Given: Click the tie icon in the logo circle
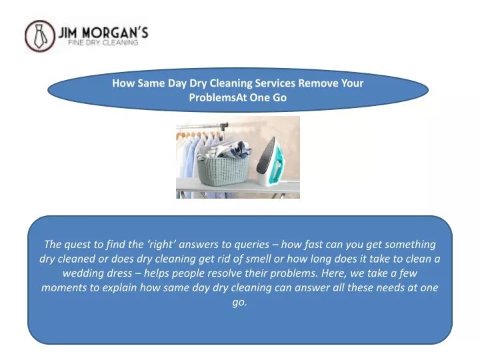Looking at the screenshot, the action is click(x=40, y=36).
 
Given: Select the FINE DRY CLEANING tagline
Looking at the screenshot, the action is click(x=103, y=43).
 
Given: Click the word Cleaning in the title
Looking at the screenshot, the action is click(x=231, y=83).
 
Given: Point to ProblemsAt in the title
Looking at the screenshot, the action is click(x=217, y=97).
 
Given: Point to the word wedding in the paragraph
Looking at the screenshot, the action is click(x=82, y=273).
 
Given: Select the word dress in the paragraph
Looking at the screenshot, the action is click(x=118, y=273).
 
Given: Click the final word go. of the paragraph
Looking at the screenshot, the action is click(x=240, y=303).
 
